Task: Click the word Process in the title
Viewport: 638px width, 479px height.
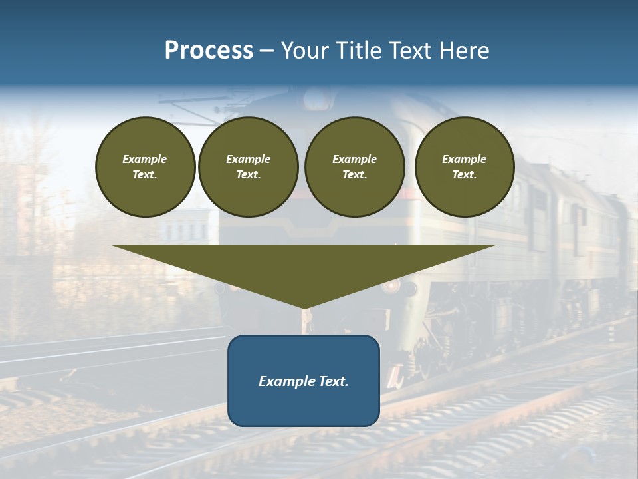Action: click(209, 51)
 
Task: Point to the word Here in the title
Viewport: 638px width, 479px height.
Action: click(465, 51)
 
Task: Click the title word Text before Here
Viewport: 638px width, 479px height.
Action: click(412, 51)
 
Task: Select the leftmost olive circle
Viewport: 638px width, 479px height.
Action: click(145, 166)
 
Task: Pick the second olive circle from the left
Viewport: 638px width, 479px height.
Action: click(249, 166)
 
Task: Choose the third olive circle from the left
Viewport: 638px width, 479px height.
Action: click(354, 166)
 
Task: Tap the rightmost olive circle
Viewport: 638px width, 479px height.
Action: click(465, 166)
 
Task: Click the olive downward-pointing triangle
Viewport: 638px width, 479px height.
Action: click(304, 266)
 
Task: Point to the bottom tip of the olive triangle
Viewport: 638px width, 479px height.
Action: click(304, 307)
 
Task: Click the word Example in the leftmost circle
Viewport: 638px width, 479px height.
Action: click(145, 159)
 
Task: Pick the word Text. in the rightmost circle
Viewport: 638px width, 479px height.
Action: click(465, 174)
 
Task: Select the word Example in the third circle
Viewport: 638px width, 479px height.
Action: click(354, 159)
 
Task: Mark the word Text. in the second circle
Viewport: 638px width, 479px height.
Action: click(249, 174)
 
